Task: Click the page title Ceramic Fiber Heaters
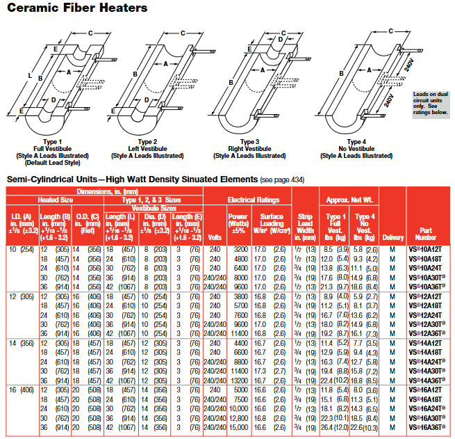pos(77,8)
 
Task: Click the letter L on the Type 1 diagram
pos(22,75)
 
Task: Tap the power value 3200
pos(238,248)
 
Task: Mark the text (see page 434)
pos(281,179)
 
